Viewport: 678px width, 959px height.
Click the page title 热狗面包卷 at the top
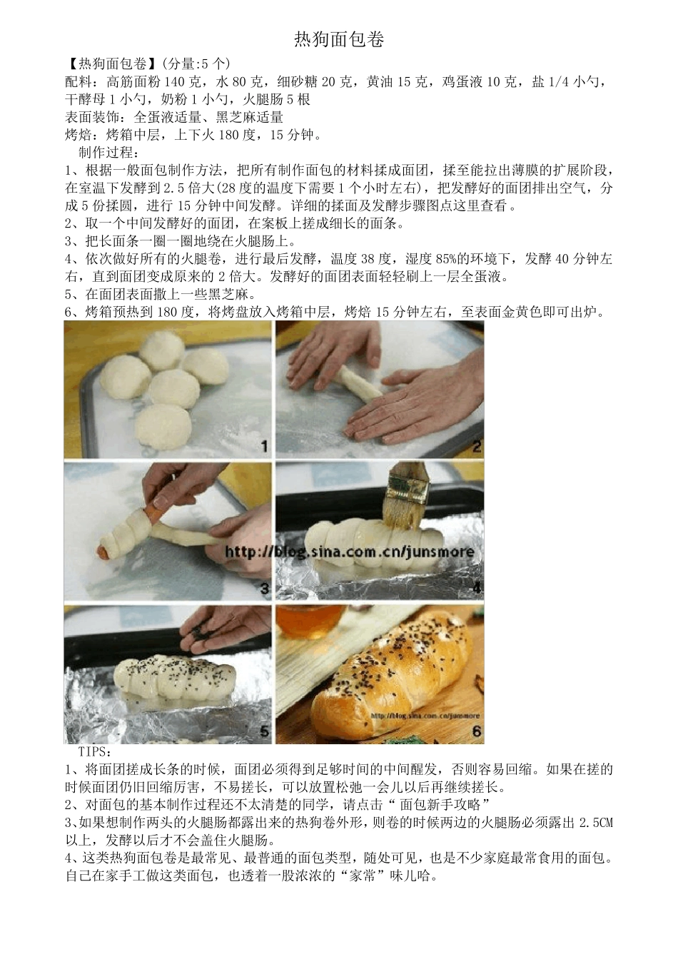click(339, 40)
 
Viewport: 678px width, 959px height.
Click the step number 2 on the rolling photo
click(476, 447)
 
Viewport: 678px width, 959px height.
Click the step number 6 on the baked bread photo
click(476, 731)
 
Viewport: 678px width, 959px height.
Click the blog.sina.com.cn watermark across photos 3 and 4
click(350, 552)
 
